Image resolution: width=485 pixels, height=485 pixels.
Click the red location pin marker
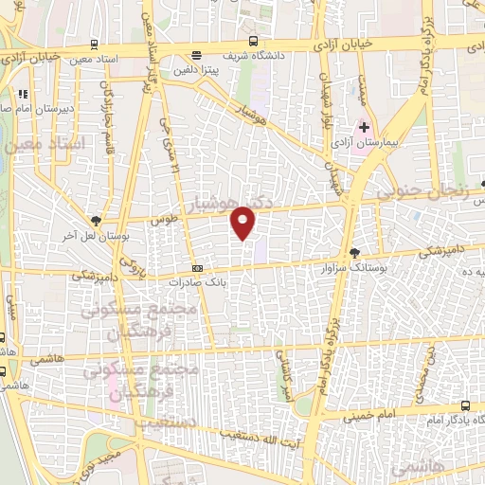click(244, 221)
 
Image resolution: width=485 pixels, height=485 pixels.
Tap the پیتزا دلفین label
click(195, 69)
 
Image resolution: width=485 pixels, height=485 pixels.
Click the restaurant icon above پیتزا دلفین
click(196, 55)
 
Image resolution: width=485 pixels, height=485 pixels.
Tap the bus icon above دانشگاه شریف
click(252, 41)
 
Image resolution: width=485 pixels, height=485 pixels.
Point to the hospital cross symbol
click(364, 126)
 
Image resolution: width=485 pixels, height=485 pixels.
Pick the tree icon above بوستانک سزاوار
click(354, 253)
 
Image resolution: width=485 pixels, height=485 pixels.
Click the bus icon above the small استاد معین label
click(92, 45)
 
